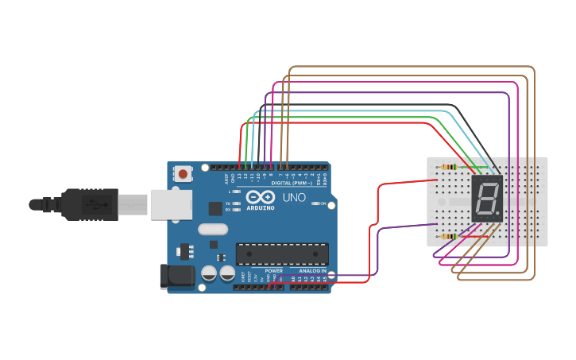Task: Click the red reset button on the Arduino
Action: [x=184, y=173]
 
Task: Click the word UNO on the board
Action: [x=295, y=197]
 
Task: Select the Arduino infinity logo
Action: [x=259, y=197]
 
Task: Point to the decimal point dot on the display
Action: [x=499, y=214]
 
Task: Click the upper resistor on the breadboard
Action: [x=449, y=168]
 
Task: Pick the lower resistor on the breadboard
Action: [x=449, y=236]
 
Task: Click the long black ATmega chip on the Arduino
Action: [x=282, y=254]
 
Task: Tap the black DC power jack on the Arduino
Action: [x=176, y=276]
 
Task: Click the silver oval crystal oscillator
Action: [x=213, y=230]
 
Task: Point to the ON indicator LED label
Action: [x=317, y=204]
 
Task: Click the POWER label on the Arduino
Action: [x=273, y=271]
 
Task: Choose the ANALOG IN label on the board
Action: [x=312, y=271]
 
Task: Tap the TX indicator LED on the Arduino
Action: [x=236, y=203]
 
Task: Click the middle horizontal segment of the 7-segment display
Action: [x=486, y=199]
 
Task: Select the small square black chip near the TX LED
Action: [x=215, y=208]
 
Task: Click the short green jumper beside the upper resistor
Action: [x=469, y=168]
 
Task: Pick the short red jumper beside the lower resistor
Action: [x=469, y=235]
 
